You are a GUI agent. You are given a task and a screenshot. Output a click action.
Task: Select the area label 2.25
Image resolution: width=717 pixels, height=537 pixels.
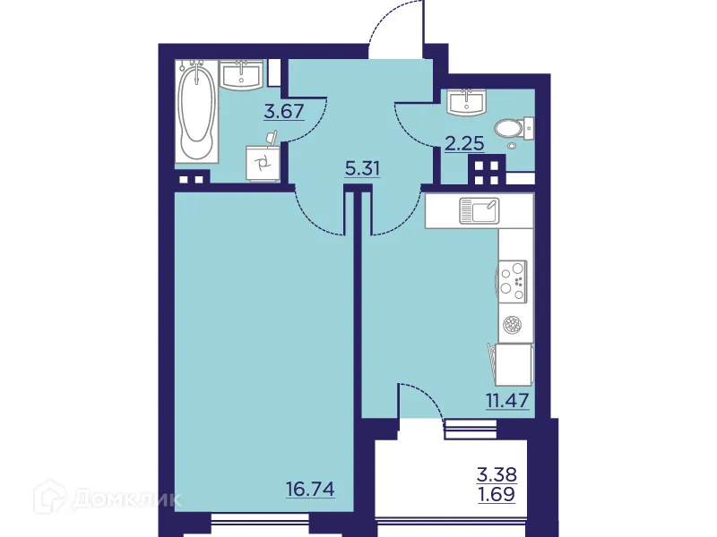click(463, 141)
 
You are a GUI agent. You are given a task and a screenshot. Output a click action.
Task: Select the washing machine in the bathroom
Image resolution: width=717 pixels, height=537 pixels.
click(263, 162)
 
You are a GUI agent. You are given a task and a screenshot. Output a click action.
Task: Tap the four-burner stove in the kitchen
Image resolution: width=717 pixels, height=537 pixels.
click(514, 277)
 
